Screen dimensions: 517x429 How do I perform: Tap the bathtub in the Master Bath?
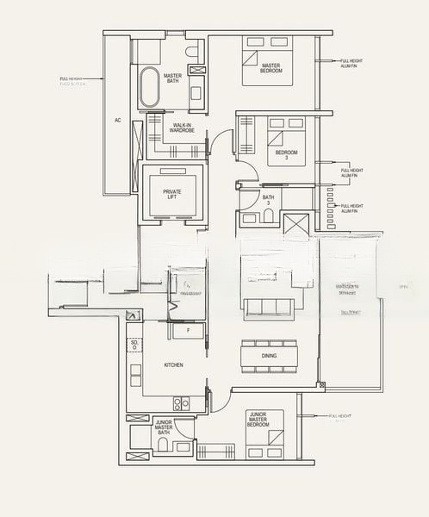[150, 86]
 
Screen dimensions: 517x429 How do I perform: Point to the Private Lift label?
[171, 194]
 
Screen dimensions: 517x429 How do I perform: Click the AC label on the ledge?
[117, 121]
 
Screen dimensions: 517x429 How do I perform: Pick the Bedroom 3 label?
[286, 155]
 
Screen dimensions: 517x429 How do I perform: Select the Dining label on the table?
[269, 356]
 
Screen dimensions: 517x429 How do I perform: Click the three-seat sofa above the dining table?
[269, 308]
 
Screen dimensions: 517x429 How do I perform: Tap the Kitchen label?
[173, 365]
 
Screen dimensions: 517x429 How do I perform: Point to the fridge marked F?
[188, 330]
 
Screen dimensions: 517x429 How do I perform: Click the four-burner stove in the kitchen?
[182, 402]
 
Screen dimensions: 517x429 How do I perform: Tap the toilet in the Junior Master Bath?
[162, 444]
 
